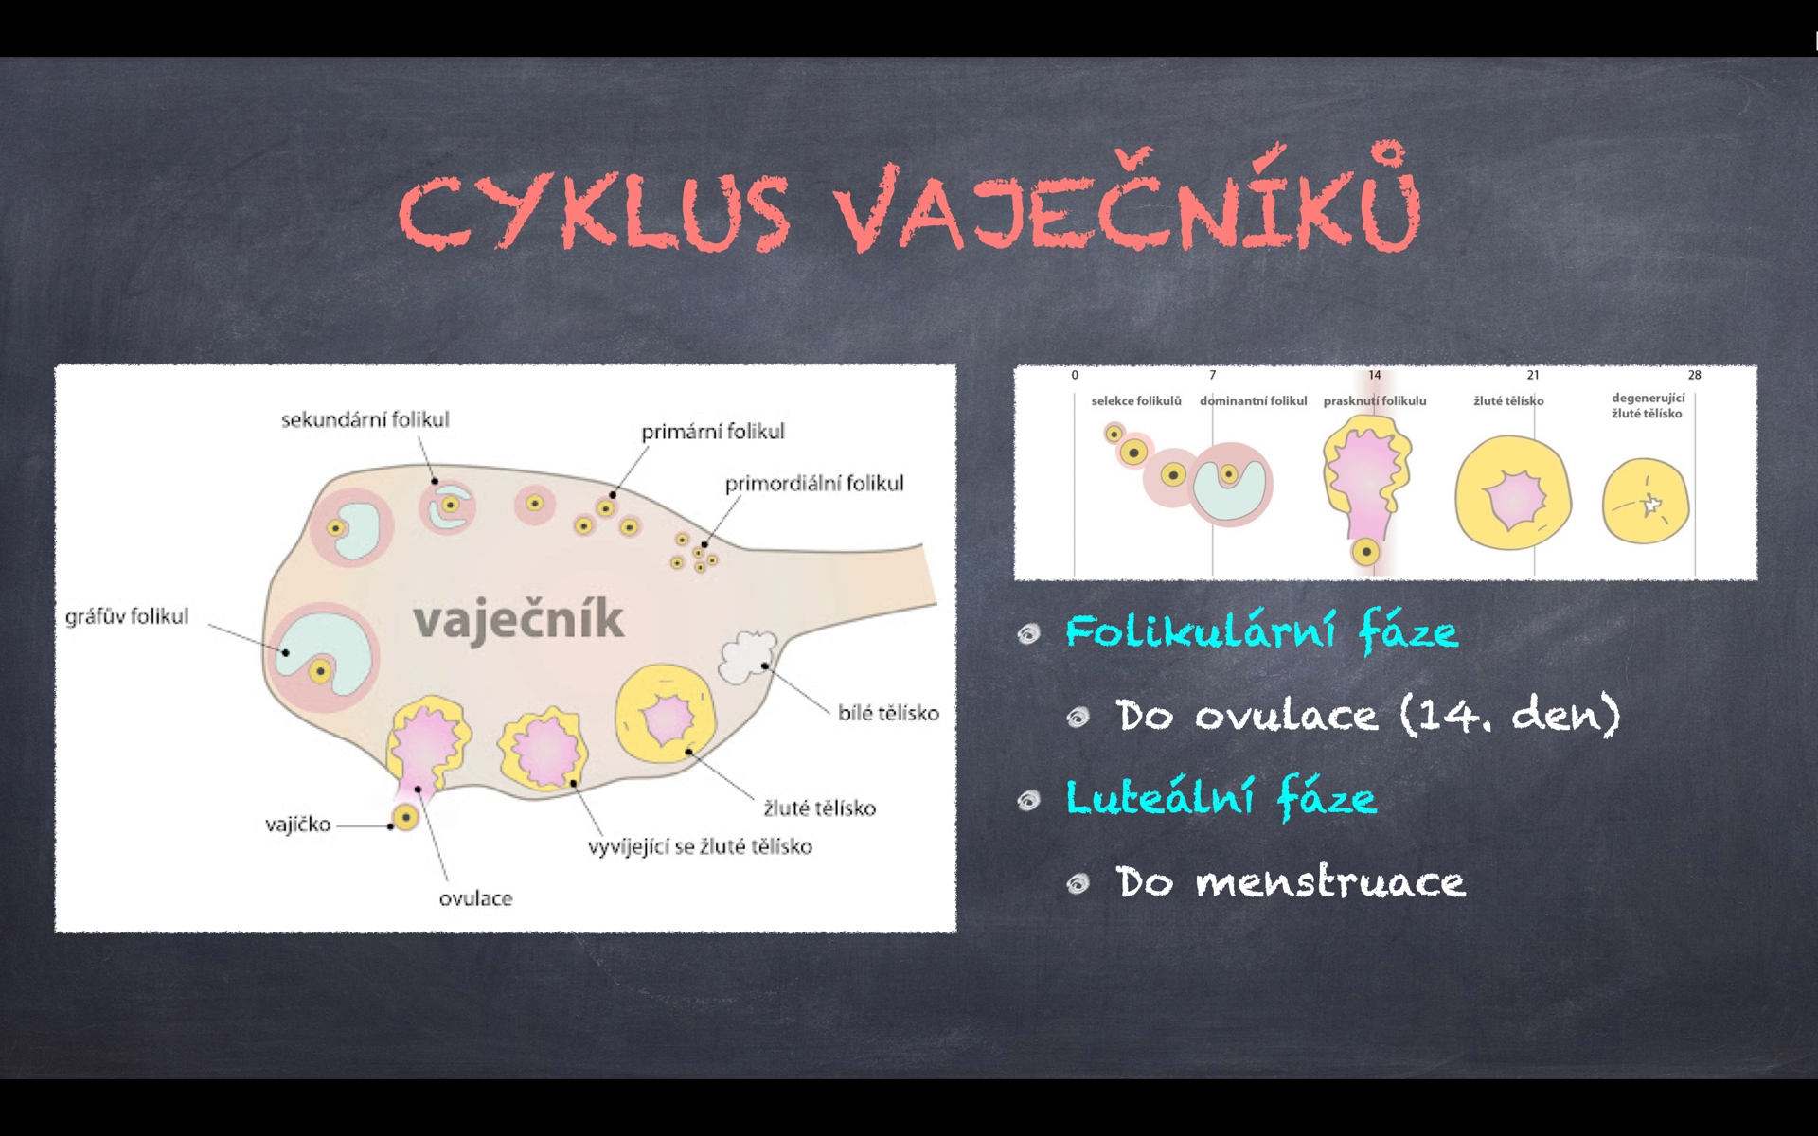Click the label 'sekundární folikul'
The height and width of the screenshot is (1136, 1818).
point(365,419)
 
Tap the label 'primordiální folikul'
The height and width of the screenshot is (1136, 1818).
point(814,483)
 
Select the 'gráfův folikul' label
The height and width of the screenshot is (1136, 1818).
point(127,616)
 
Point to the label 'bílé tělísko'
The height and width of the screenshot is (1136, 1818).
point(888,713)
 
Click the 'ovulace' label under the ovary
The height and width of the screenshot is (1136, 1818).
point(475,898)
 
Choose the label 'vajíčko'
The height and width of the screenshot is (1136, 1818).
point(298,825)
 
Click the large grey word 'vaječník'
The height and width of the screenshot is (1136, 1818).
point(519,620)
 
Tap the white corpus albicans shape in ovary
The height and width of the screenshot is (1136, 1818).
point(748,657)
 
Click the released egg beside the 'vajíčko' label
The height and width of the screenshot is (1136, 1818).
point(405,817)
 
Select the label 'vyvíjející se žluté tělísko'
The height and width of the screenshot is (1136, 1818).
point(701,846)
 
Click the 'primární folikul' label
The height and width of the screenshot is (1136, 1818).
point(713,432)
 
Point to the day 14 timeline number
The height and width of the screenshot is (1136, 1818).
point(1375,375)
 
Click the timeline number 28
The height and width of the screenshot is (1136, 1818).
point(1695,375)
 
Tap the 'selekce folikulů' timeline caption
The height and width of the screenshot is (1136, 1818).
point(1136,401)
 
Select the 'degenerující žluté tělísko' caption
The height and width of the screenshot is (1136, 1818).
point(1649,406)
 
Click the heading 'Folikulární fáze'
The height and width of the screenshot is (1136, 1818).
point(1262,631)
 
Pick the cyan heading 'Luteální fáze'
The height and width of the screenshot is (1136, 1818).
point(1221,797)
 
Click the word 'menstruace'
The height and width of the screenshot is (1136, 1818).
point(1330,882)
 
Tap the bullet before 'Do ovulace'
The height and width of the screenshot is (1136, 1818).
point(1078,718)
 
